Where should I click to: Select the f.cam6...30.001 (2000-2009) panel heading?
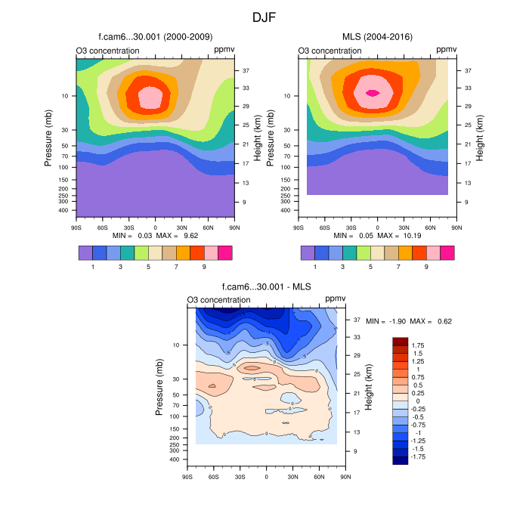155,36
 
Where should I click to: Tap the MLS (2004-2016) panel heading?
377,36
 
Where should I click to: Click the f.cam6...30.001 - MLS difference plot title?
266,286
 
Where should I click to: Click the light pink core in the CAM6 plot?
150,97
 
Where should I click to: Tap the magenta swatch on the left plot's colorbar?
224,252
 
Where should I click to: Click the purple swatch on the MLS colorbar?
308,252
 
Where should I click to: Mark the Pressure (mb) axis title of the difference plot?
159,387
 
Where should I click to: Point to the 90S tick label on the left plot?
76,226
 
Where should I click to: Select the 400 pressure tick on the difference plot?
173,459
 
